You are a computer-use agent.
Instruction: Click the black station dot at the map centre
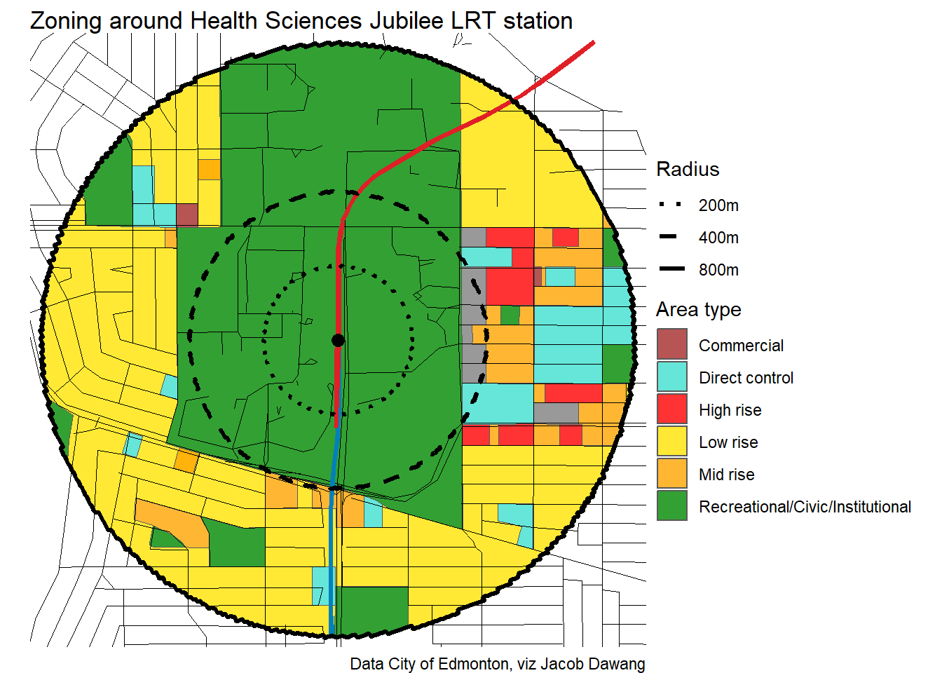tap(338, 341)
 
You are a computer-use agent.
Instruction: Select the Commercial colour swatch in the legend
tap(671, 344)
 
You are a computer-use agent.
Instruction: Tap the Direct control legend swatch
tap(671, 376)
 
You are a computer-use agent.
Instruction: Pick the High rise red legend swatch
tap(671, 409)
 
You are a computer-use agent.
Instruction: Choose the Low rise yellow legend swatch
tap(671, 441)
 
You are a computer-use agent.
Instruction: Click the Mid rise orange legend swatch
tap(671, 473)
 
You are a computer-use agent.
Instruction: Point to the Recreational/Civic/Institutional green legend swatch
tap(671, 505)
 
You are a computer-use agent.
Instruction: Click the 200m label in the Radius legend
tap(718, 205)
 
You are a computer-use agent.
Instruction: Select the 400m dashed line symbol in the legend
tap(669, 237)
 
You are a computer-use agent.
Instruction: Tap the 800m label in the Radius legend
tap(718, 270)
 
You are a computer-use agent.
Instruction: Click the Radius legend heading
tap(688, 169)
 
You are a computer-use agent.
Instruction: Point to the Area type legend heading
tap(698, 309)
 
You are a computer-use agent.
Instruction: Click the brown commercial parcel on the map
tap(186, 215)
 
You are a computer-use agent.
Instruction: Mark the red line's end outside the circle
tap(593, 43)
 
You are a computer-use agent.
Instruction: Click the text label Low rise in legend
tap(728, 442)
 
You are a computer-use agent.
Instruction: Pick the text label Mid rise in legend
tap(727, 475)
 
